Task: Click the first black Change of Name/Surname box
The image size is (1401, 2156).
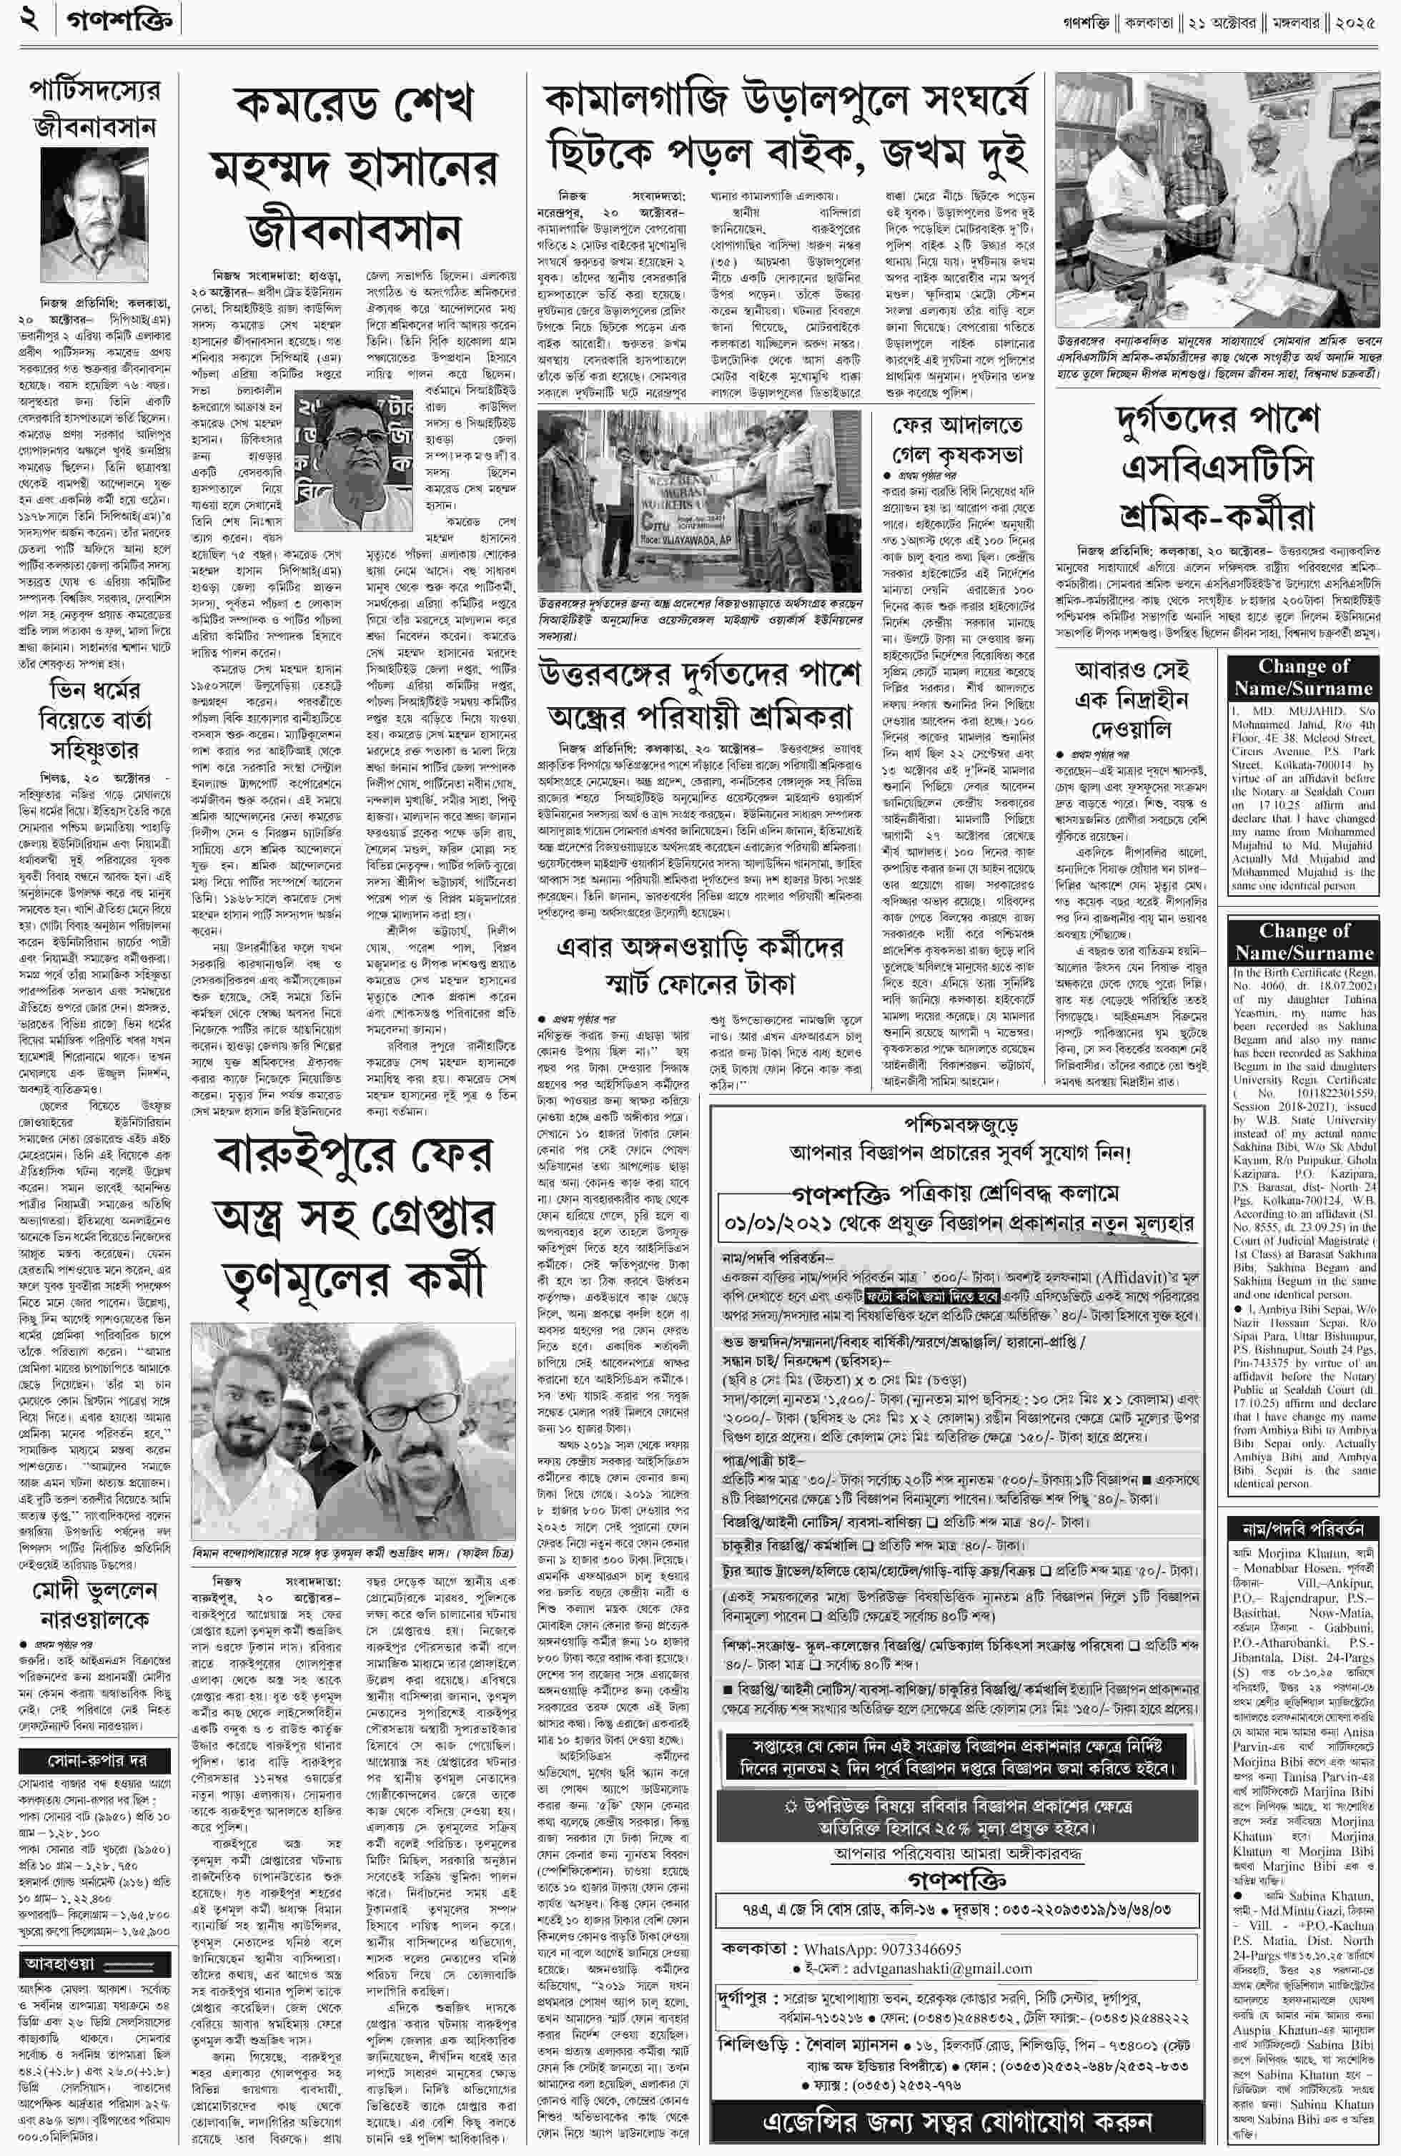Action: click(x=1303, y=676)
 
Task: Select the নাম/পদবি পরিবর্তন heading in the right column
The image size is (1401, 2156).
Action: click(x=1303, y=1529)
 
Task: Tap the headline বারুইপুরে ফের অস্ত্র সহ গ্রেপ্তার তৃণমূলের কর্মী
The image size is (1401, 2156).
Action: click(x=353, y=1215)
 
